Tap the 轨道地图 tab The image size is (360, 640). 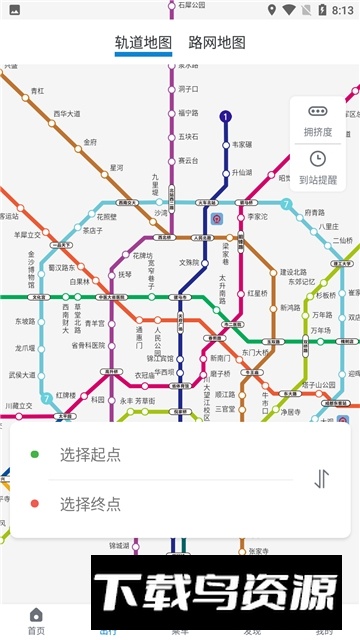click(143, 43)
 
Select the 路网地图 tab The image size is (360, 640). click(217, 43)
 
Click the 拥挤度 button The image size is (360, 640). click(318, 120)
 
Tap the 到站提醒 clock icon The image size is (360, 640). click(318, 159)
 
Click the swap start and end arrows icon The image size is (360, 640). click(321, 478)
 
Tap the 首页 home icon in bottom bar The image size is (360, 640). click(36, 615)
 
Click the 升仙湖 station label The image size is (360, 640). click(242, 172)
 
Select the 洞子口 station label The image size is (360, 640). click(189, 89)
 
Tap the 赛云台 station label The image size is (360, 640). click(189, 160)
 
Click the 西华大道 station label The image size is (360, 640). click(67, 114)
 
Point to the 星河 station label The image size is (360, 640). click(117, 168)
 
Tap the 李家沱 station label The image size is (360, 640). click(258, 215)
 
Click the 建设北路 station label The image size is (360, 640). click(292, 272)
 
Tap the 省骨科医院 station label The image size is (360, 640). click(89, 346)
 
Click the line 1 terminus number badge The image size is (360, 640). click(226, 117)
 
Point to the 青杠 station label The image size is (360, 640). click(37, 91)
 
